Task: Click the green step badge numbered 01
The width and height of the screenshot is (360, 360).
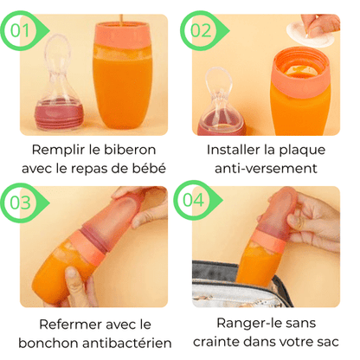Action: pyautogui.click(x=23, y=30)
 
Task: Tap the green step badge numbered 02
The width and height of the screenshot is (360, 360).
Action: pyautogui.click(x=202, y=30)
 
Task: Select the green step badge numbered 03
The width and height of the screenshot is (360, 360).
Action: pyautogui.click(x=23, y=202)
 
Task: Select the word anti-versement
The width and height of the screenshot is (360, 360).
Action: pyautogui.click(x=266, y=169)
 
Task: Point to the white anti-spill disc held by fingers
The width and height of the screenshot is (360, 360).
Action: pyautogui.click(x=310, y=34)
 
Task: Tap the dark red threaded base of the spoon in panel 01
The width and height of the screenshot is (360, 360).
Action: pyautogui.click(x=59, y=115)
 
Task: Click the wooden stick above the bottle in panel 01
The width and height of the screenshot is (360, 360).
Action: pyautogui.click(x=121, y=20)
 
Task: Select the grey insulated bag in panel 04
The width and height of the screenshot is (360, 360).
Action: pyautogui.click(x=240, y=284)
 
